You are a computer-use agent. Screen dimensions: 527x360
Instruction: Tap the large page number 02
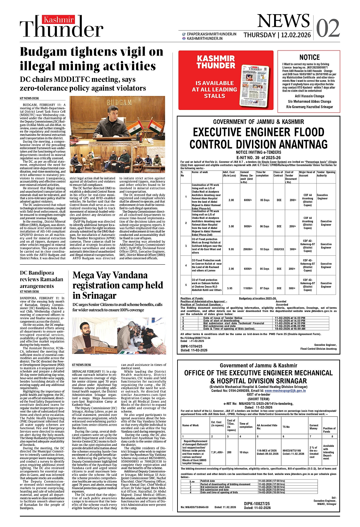(327, 28)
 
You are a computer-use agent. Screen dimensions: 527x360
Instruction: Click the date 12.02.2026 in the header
(296, 35)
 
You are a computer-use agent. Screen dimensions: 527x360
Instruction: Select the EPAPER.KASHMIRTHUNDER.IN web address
(211, 34)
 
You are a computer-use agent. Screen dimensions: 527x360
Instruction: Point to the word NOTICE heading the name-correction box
(309, 57)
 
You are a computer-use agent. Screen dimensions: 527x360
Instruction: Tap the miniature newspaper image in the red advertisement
(255, 85)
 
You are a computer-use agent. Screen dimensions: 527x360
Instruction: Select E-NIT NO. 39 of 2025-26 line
(258, 158)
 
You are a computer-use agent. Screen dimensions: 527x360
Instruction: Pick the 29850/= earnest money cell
(246, 249)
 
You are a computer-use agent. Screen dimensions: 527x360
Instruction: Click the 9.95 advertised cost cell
(231, 249)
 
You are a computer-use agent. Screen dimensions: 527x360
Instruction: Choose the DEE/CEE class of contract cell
(279, 249)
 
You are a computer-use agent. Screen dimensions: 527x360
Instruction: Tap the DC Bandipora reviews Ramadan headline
(41, 279)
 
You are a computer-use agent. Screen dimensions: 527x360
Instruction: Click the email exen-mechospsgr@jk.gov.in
(285, 391)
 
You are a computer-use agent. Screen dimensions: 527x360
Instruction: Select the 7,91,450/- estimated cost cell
(217, 452)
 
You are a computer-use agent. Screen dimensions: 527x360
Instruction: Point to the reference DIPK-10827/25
(257, 504)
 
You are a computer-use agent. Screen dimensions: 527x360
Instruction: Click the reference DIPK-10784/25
(191, 346)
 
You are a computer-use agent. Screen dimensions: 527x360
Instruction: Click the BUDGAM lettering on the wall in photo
(119, 103)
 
